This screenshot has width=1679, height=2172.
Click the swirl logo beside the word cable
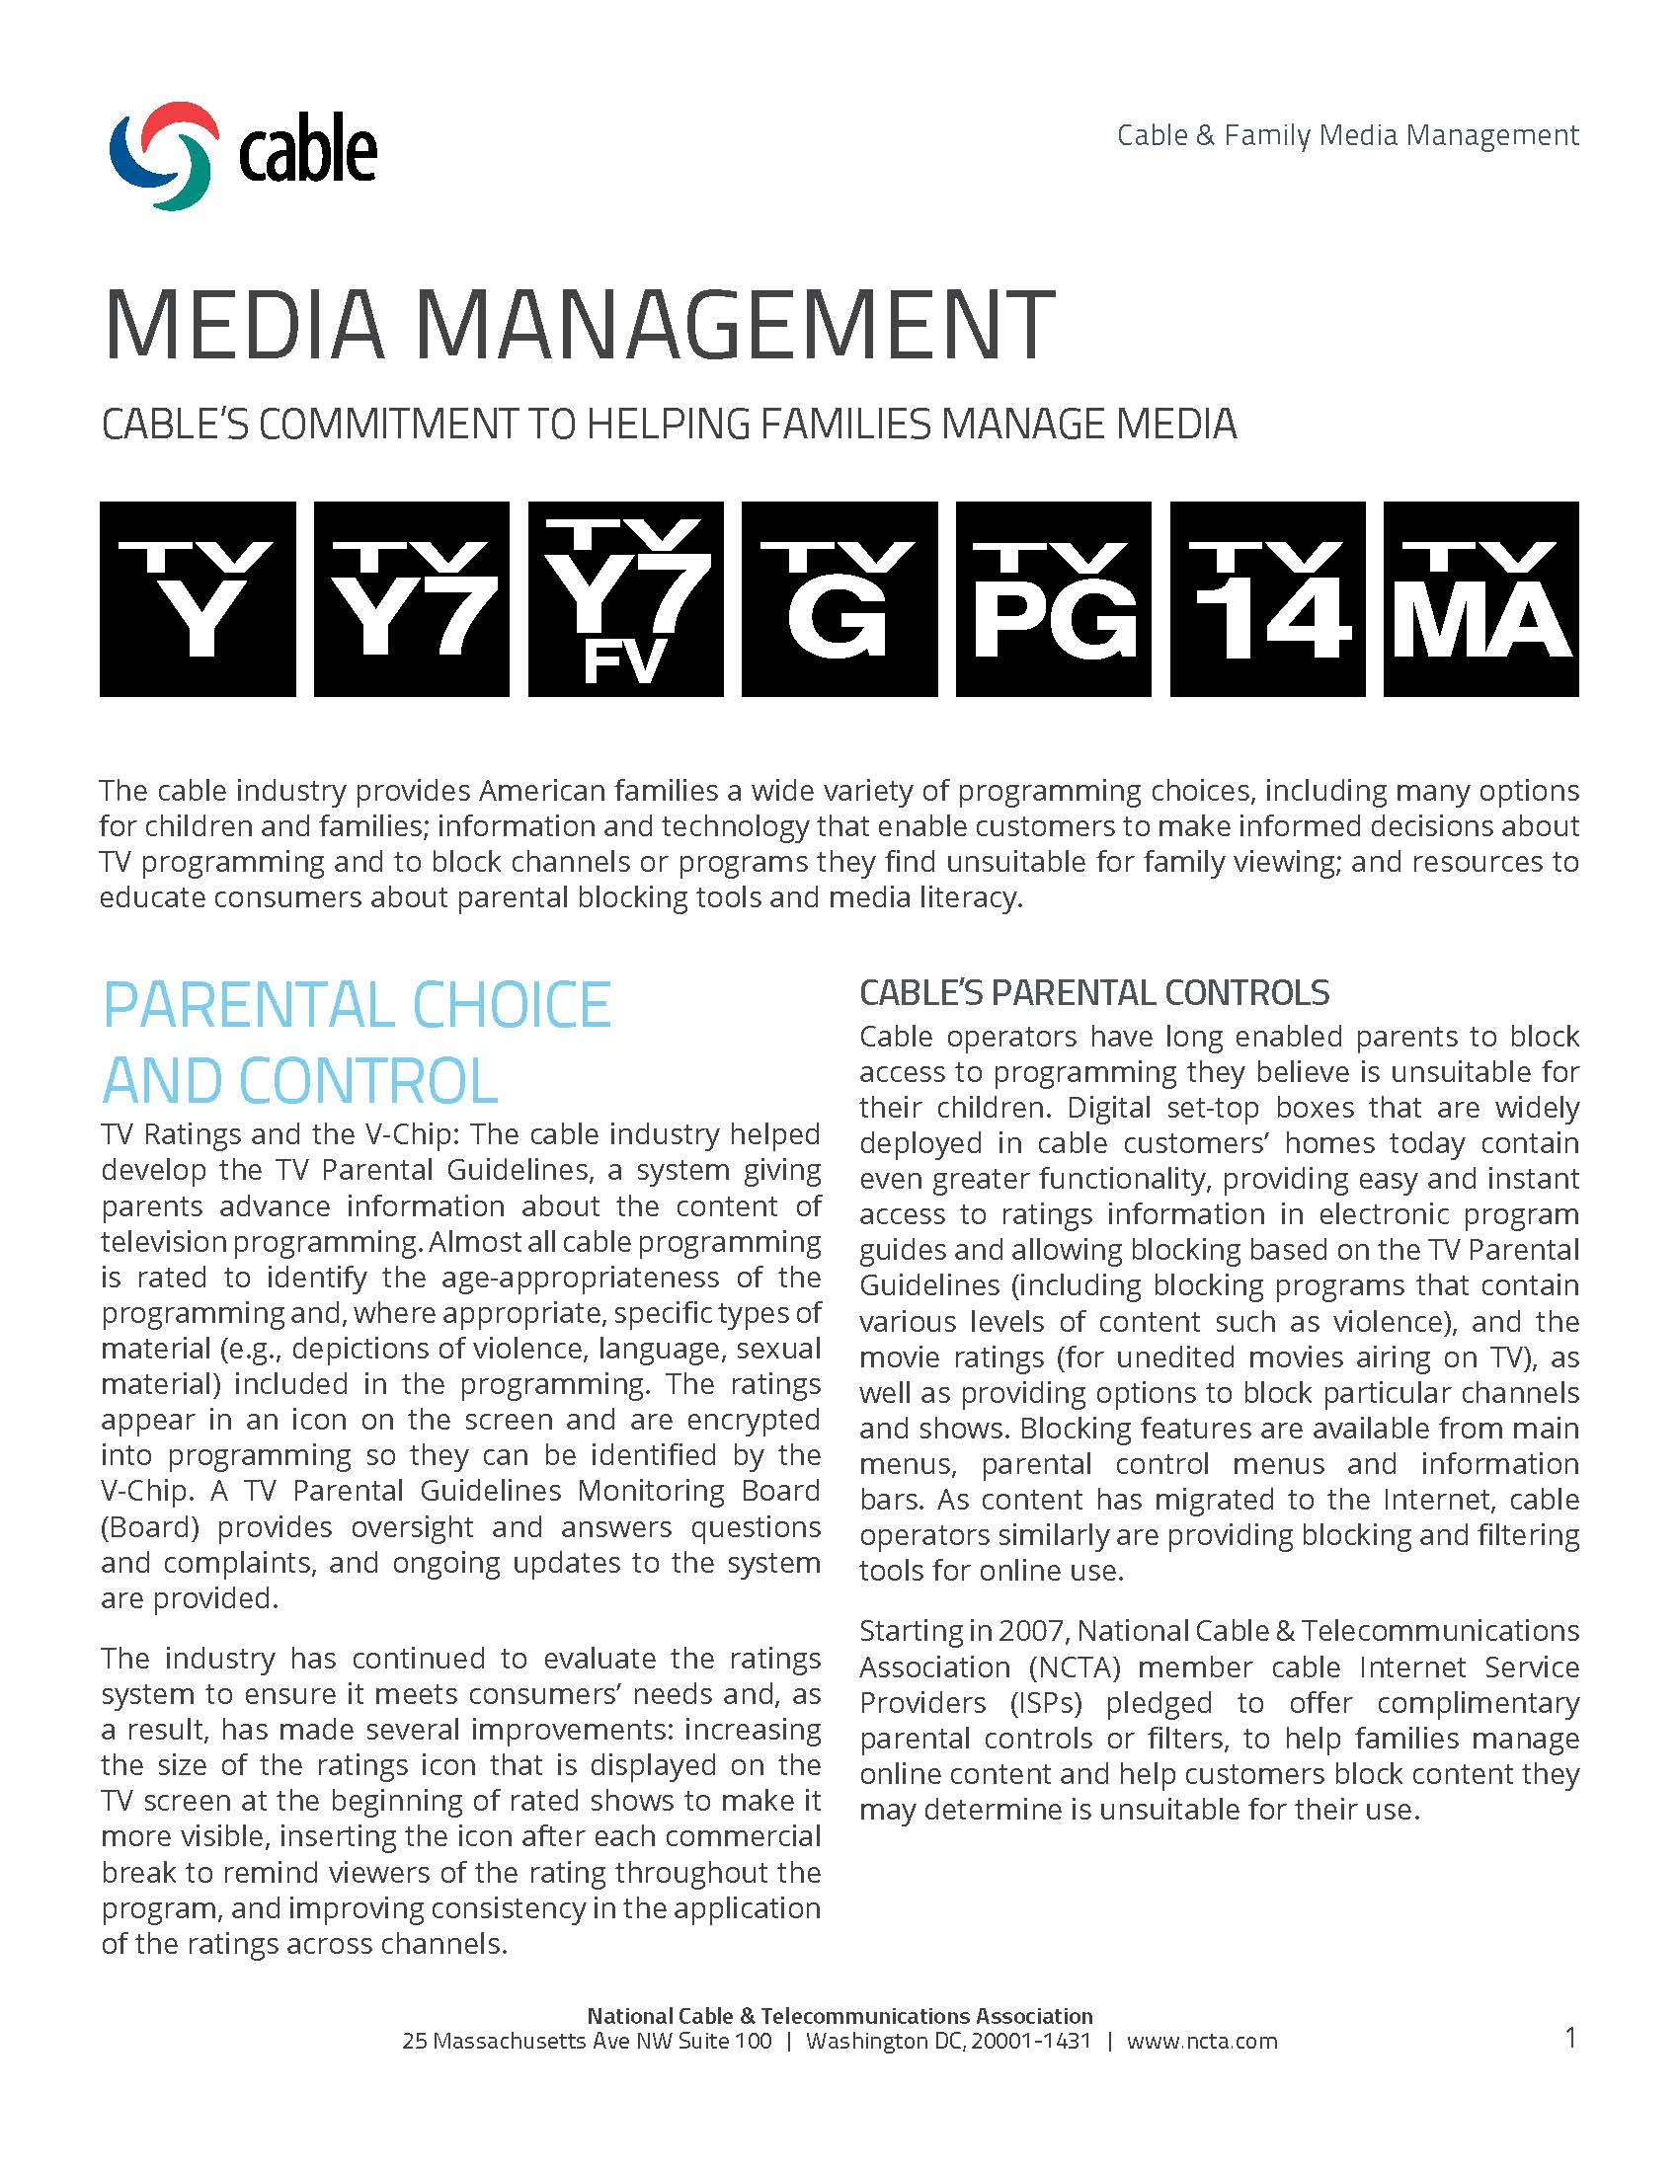[164, 155]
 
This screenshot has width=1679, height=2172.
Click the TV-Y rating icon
[197, 598]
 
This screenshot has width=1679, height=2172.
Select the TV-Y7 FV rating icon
[625, 598]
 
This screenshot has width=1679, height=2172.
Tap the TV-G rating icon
[839, 598]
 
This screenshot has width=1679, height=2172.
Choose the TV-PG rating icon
[1054, 598]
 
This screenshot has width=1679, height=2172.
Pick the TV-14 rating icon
[1267, 598]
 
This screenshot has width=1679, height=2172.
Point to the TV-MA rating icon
[1481, 598]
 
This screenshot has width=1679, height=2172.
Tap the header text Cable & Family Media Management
[1347, 135]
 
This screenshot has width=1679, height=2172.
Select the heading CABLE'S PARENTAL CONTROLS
[1094, 992]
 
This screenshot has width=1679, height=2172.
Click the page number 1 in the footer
[1570, 2039]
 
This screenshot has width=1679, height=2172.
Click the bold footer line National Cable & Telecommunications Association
[839, 2016]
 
